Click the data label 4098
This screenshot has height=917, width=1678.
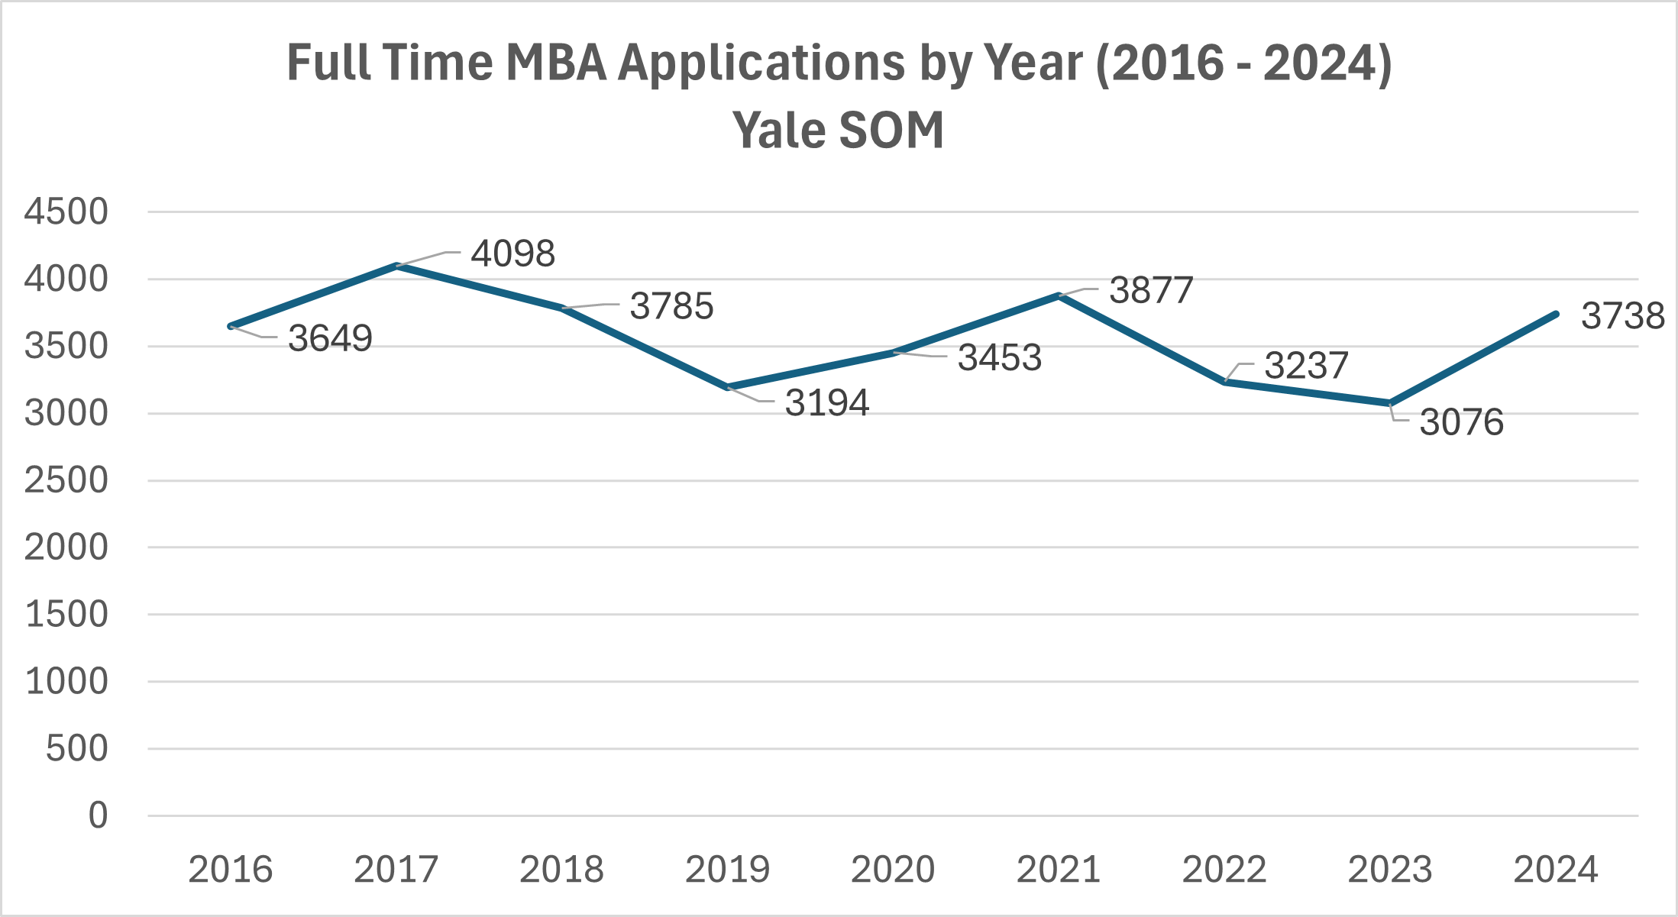click(512, 253)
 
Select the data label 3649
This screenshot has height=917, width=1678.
click(330, 338)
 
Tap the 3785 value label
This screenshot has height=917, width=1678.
click(671, 306)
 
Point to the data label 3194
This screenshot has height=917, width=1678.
click(827, 403)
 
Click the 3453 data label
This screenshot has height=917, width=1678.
click(1000, 357)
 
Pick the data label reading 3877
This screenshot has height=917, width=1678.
click(1151, 290)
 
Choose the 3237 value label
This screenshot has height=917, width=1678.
click(1306, 366)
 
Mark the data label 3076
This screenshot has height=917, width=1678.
click(1461, 422)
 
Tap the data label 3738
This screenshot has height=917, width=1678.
click(1622, 316)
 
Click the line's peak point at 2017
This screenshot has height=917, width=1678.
click(396, 266)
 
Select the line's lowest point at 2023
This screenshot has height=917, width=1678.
click(1390, 403)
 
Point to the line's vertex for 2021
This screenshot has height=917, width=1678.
click(1059, 295)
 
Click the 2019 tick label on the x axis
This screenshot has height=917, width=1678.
click(727, 870)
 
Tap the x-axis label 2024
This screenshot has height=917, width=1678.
click(1556, 870)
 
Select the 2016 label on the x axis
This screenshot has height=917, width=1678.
click(231, 870)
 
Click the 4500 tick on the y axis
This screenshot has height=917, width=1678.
click(66, 212)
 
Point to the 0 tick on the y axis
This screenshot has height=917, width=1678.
click(98, 815)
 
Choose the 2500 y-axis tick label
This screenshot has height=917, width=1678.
click(66, 481)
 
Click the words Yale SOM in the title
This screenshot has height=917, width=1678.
click(838, 130)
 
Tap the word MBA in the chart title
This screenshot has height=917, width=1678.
click(555, 63)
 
